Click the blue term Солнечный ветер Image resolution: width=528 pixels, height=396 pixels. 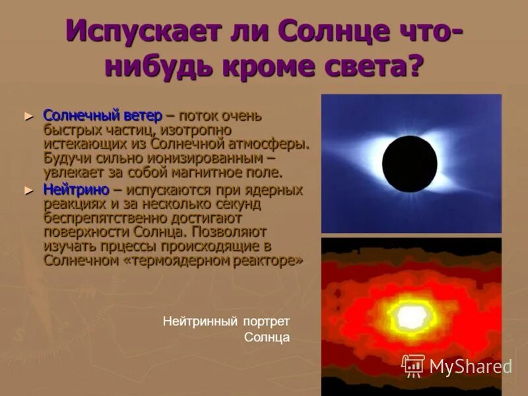(x=102, y=115)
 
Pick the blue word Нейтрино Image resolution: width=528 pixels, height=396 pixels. (x=76, y=190)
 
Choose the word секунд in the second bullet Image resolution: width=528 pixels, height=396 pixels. (x=240, y=204)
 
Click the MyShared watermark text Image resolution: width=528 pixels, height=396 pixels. (x=470, y=366)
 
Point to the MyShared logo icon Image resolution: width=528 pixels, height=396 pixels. (x=413, y=365)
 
